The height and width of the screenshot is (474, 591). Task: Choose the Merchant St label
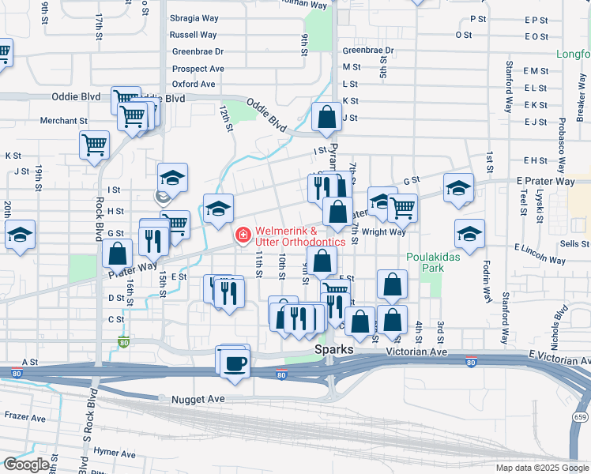pos(64,121)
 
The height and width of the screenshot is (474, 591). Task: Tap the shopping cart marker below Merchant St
pos(94,145)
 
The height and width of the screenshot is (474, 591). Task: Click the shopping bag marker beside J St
pos(326,118)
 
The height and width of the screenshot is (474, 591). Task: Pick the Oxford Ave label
pos(194,84)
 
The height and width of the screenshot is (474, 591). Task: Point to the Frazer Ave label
pos(24,415)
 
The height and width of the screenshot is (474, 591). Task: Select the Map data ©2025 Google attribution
pos(541,468)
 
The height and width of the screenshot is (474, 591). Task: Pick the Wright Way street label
pos(384,232)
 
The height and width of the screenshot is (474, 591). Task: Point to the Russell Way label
pos(194,35)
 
